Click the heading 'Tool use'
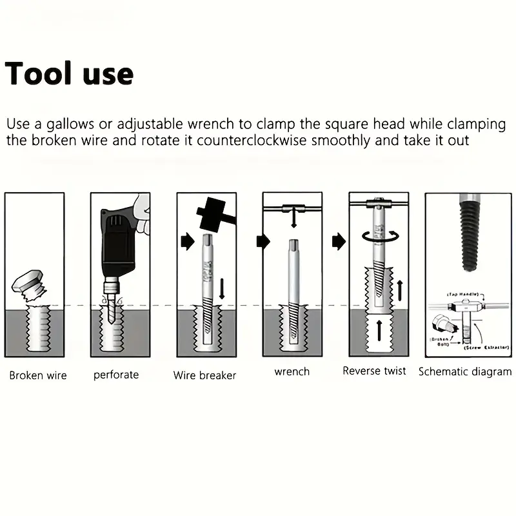(69, 74)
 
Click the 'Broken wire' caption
(38, 375)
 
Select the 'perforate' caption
(116, 374)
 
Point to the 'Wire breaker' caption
(204, 375)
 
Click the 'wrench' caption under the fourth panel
(292, 372)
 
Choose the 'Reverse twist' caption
(375, 371)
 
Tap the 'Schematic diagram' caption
(465, 372)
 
